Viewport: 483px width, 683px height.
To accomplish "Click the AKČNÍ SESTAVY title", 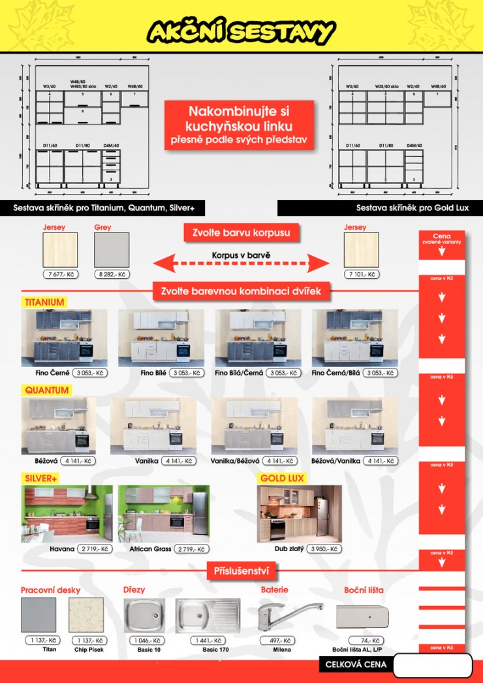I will coord(241,31).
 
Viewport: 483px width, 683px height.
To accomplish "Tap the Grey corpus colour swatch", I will coord(112,249).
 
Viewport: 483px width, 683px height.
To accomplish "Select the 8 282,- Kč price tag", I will coord(112,274).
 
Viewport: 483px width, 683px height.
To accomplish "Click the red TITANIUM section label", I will coord(44,302).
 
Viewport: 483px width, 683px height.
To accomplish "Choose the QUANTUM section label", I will coord(47,390).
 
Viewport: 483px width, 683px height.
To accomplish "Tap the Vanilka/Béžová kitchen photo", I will coord(254,426).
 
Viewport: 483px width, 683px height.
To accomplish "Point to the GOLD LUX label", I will coord(283,478).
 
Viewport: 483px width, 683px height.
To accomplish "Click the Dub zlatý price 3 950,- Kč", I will coord(324,549).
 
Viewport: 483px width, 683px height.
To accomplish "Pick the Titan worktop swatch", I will coord(39,614).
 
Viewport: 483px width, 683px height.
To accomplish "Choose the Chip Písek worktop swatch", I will coord(86,614).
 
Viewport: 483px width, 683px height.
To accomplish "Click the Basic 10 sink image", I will coord(145,615).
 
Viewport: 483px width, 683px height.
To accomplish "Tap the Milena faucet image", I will coord(288,615).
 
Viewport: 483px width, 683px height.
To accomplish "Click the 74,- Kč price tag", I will coord(366,641).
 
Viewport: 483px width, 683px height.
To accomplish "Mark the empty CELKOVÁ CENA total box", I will coord(433,665).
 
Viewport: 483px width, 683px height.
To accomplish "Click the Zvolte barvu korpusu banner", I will coord(241,232).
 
